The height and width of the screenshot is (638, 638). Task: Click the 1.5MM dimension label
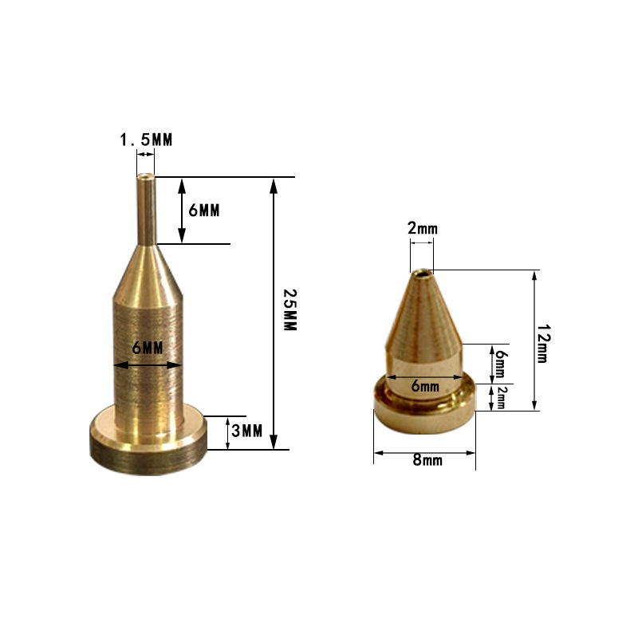(x=146, y=140)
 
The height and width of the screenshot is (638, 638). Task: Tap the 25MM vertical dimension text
(x=289, y=311)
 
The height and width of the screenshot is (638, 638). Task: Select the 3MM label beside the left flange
(x=247, y=431)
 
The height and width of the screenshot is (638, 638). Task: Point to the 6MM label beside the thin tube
(x=203, y=211)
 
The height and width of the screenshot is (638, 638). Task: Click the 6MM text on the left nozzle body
(x=148, y=349)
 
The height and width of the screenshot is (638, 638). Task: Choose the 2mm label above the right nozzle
(x=422, y=229)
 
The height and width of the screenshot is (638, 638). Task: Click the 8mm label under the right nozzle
(x=426, y=460)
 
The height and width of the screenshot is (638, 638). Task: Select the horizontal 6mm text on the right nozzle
(x=425, y=386)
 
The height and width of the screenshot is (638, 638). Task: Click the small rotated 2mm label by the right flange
(x=501, y=397)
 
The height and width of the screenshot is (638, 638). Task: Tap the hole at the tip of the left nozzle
(x=145, y=177)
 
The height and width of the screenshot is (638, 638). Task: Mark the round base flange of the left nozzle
(x=148, y=447)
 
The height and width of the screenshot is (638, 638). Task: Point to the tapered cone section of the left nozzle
(x=145, y=271)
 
